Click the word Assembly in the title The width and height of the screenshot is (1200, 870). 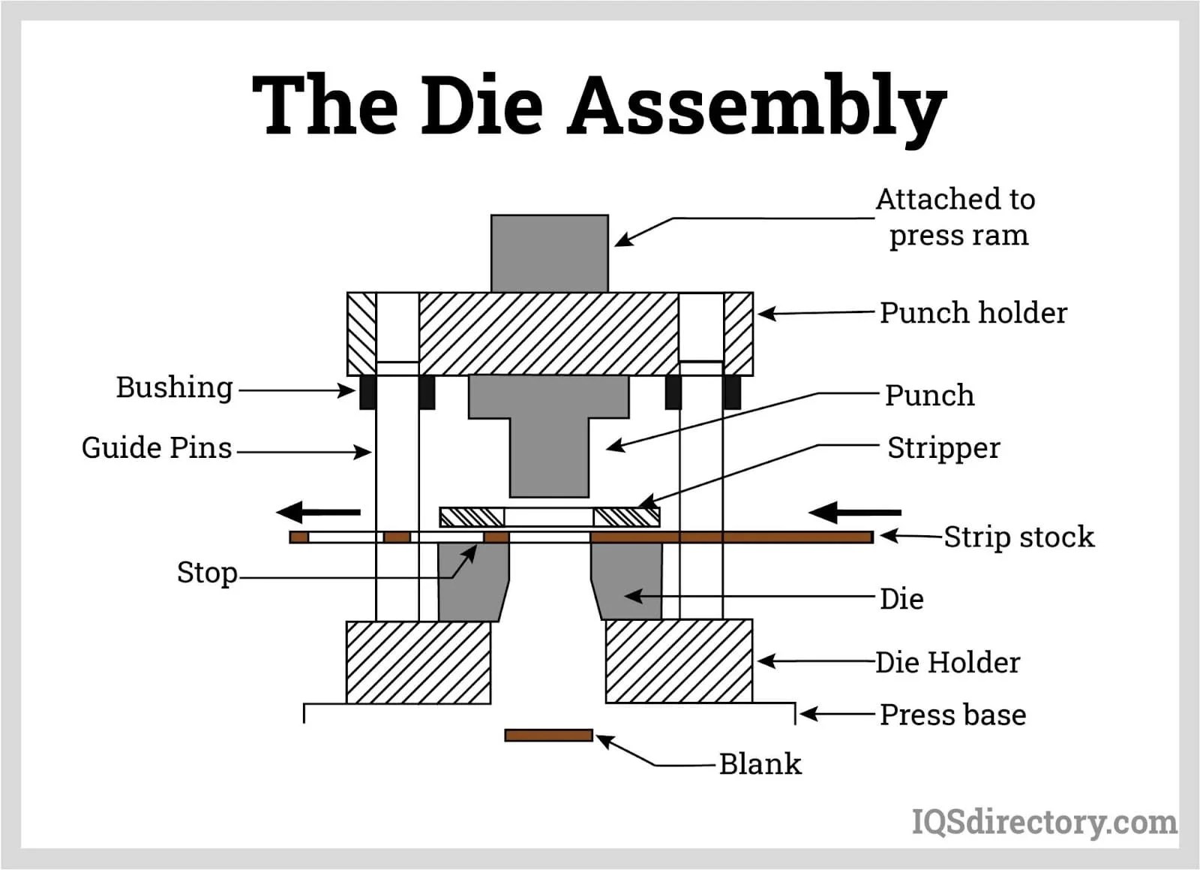757,107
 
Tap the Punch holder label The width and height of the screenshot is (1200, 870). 973,313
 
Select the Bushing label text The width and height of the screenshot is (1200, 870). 174,388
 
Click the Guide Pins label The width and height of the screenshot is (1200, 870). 156,448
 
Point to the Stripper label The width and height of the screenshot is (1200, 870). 943,448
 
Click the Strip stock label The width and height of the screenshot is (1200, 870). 1018,537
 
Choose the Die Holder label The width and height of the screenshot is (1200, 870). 947,663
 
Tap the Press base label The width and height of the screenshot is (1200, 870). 952,715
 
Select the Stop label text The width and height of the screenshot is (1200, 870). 207,573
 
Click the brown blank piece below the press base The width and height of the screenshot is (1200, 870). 548,735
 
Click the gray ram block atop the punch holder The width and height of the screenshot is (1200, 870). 549,253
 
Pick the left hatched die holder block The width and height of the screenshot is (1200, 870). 418,662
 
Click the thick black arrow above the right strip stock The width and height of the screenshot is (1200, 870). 855,513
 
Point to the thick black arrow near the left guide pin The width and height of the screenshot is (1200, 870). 319,513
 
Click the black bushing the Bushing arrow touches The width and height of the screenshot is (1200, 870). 367,392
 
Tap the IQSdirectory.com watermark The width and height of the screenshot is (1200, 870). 1044,822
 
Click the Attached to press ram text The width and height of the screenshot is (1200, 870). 956,217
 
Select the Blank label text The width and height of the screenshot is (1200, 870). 760,764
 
